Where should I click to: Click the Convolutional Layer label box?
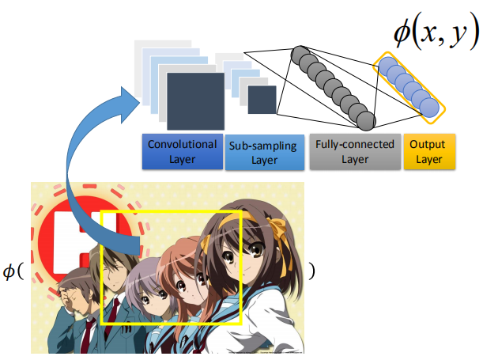point(181,152)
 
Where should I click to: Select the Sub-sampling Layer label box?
point(264,152)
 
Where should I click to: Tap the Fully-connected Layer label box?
point(353,152)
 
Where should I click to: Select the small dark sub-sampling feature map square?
point(262,99)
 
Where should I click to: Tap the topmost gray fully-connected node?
point(300,55)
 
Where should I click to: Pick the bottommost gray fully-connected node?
point(365,120)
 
